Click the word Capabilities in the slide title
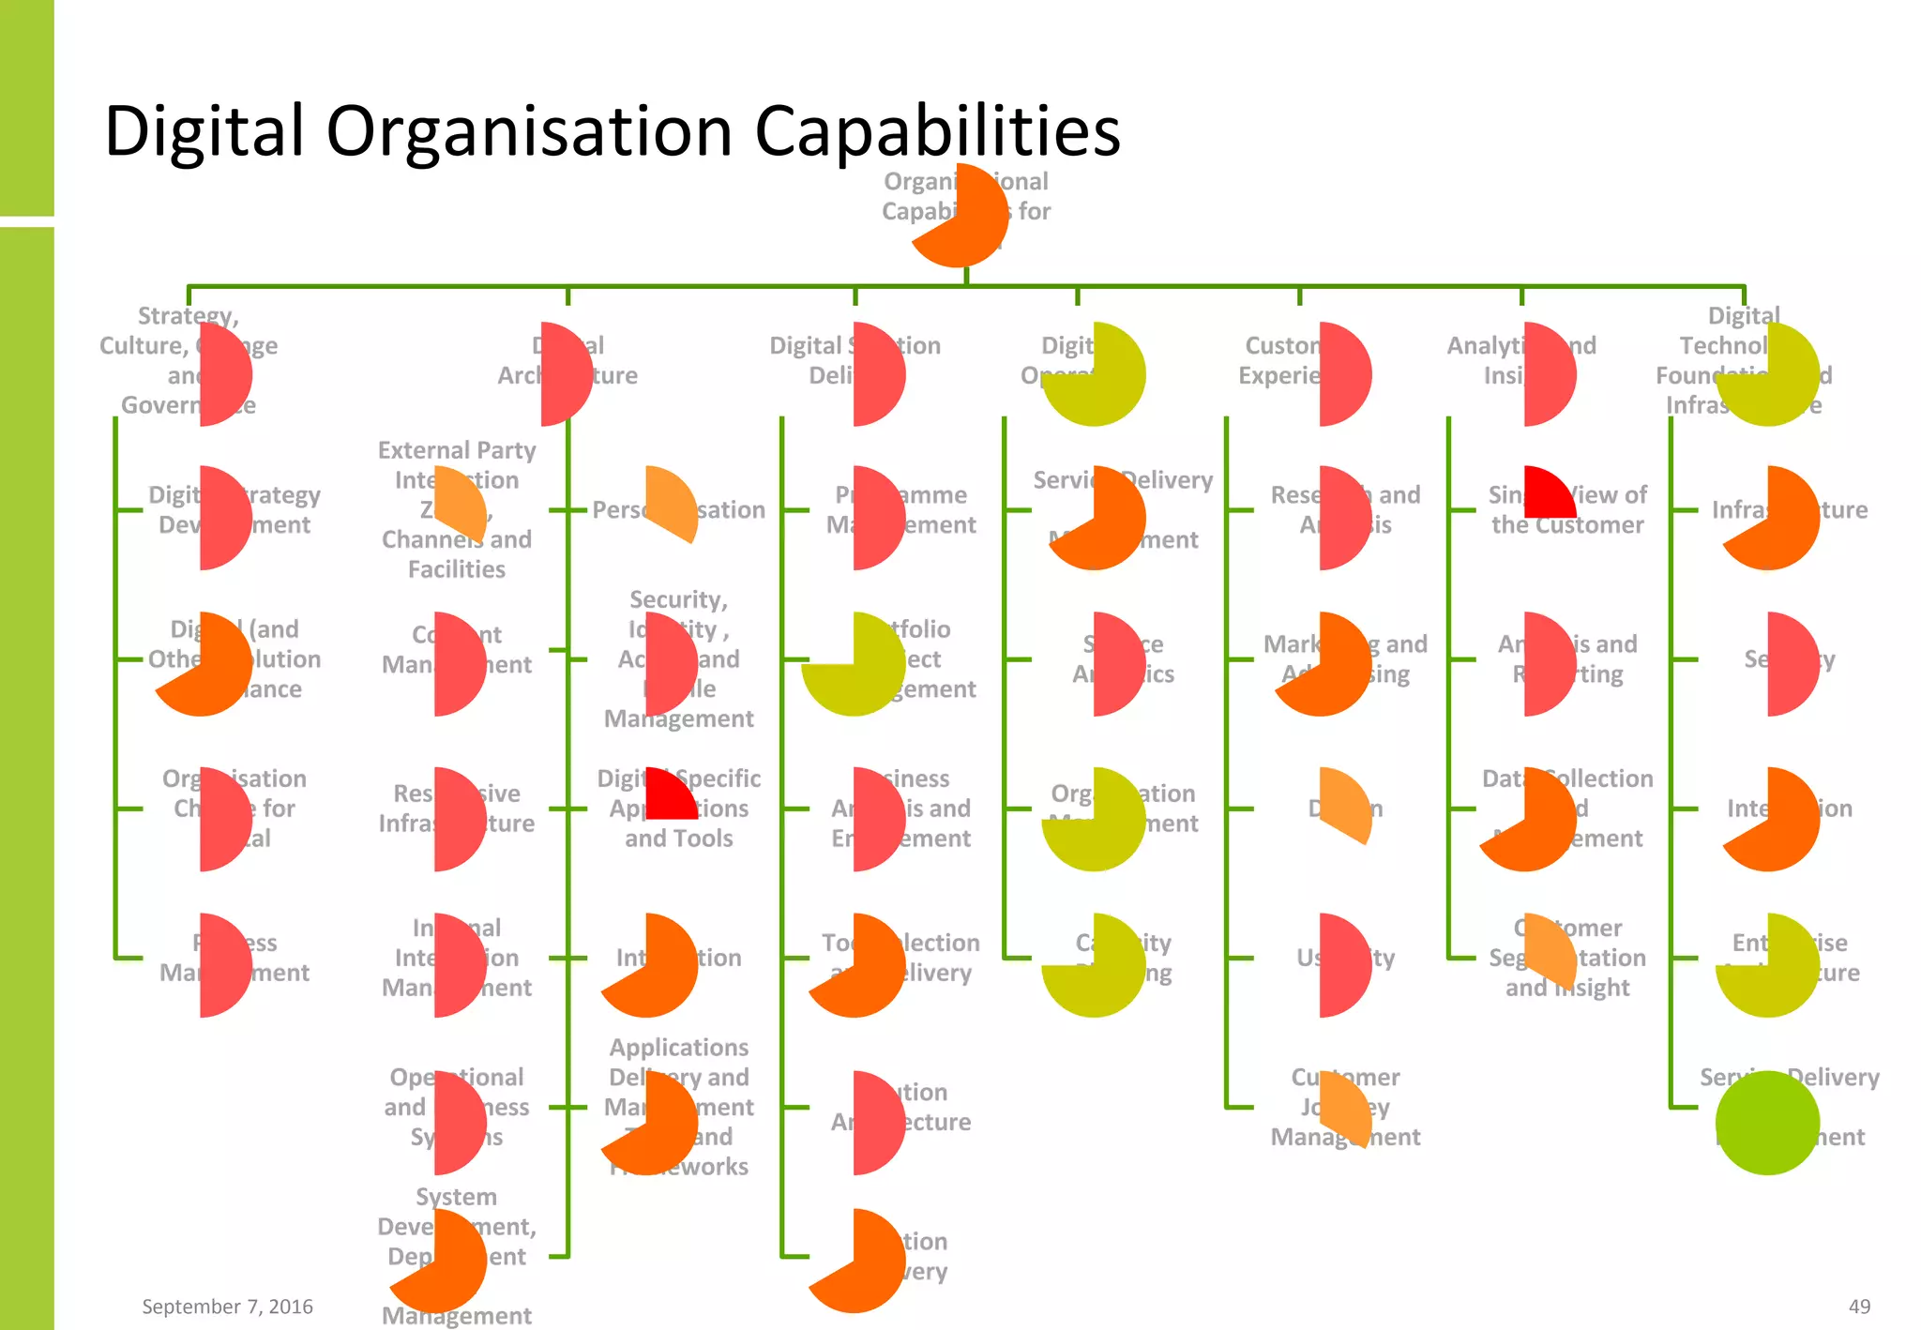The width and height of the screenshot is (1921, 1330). point(937,131)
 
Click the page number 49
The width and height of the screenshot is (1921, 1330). point(1859,1306)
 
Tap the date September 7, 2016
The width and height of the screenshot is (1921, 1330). point(227,1306)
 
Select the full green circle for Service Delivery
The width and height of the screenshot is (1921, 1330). point(1767,1123)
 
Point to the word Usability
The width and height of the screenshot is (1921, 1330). point(1346,958)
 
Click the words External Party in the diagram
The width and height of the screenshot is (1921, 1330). point(457,450)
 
